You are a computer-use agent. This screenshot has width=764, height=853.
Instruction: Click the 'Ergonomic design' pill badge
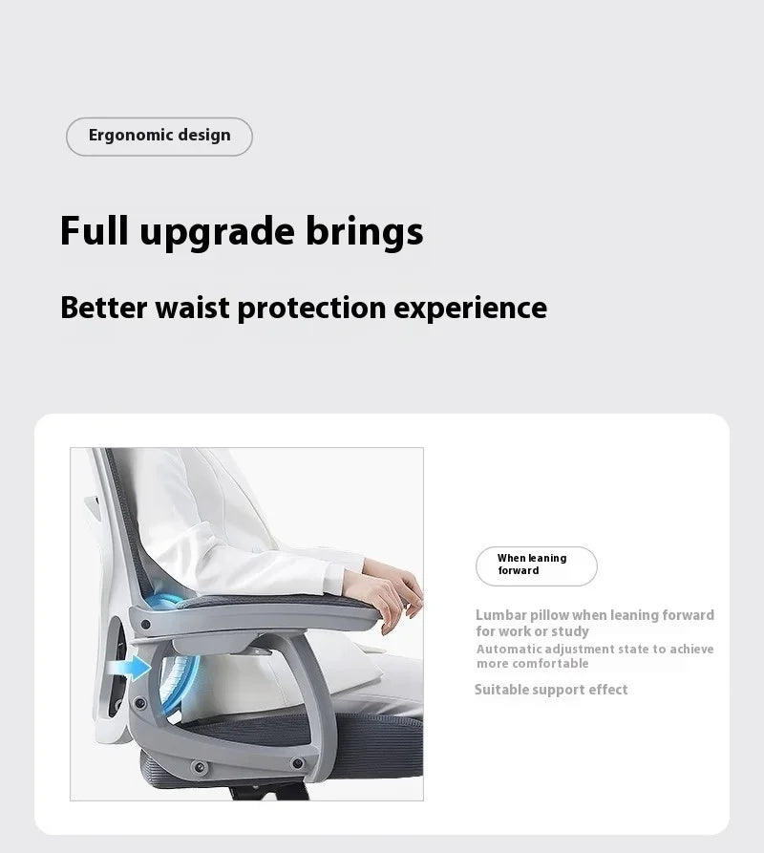coord(159,136)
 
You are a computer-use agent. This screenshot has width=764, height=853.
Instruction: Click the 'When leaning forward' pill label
coord(536,565)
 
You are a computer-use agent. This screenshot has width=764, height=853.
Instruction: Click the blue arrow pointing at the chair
coord(139,667)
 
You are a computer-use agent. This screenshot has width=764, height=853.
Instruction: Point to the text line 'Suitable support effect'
coord(551,690)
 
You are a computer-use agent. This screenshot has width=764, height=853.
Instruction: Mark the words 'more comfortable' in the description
coord(532,664)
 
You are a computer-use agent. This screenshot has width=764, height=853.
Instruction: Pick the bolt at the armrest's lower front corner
coord(298,763)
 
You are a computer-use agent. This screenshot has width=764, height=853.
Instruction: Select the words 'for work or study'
coord(532,631)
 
